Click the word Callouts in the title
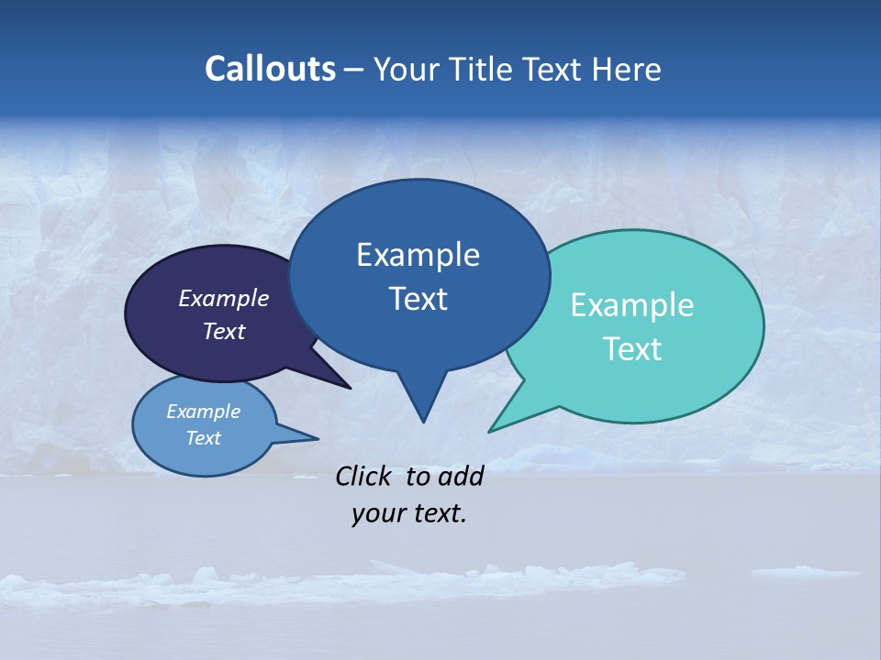(270, 69)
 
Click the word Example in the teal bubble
(632, 305)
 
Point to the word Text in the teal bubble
(632, 349)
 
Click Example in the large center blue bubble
(418, 255)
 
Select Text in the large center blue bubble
(418, 299)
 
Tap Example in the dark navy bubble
(224, 298)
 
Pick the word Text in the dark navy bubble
(224, 331)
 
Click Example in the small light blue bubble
(204, 412)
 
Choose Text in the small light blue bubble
(204, 438)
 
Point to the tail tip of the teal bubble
(491, 430)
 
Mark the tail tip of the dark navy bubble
(349, 387)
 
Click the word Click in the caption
(364, 476)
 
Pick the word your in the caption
(377, 513)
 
